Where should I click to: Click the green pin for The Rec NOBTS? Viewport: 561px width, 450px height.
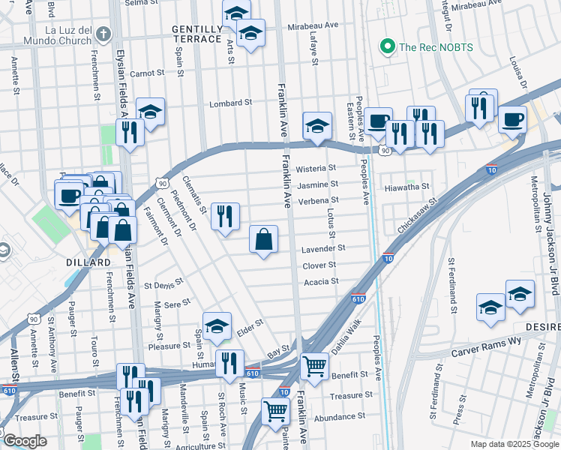coord(388,46)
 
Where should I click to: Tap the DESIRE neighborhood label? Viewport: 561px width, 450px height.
coord(544,327)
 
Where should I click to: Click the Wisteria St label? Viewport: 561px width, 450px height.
coord(316,168)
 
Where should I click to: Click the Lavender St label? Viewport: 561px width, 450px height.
coord(323,247)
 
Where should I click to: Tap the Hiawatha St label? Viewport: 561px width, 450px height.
coord(406,186)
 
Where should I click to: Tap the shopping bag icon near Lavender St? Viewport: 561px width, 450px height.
coord(263,240)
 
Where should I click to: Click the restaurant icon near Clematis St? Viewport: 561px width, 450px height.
coord(225,216)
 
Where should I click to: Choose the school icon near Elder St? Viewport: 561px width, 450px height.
coord(217,325)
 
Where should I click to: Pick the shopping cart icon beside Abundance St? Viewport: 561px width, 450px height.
coord(275,410)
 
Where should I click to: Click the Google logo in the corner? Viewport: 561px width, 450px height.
coord(24,441)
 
